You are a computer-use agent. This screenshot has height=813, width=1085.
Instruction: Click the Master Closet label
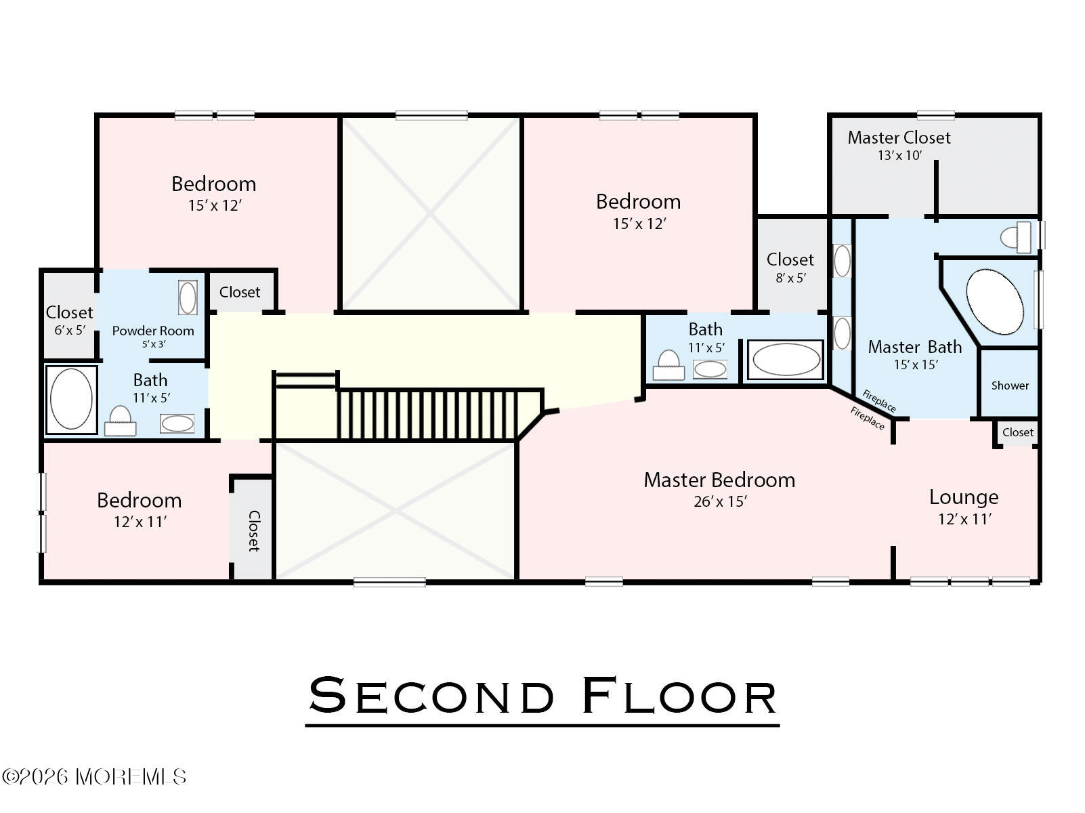click(x=899, y=138)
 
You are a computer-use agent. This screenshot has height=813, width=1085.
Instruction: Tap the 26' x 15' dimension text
click(x=720, y=501)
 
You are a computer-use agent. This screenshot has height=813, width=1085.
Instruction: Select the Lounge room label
click(x=963, y=497)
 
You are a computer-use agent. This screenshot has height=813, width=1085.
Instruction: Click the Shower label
click(x=1010, y=385)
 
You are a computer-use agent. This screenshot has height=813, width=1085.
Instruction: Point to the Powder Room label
click(x=153, y=331)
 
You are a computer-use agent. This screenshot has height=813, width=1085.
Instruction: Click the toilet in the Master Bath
click(x=1017, y=237)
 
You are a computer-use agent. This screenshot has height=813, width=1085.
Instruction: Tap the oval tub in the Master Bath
click(x=994, y=301)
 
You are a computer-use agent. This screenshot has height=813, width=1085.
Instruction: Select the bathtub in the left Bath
click(x=71, y=399)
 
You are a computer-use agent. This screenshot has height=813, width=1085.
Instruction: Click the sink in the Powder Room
click(x=188, y=297)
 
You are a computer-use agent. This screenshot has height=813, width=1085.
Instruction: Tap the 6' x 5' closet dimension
click(x=70, y=330)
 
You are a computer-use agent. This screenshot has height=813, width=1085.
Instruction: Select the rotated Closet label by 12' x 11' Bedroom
click(x=253, y=530)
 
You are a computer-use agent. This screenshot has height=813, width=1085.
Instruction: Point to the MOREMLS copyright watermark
click(x=93, y=776)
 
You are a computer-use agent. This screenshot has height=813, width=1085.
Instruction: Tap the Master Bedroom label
click(x=719, y=480)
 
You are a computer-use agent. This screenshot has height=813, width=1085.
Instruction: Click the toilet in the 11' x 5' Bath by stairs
click(x=668, y=365)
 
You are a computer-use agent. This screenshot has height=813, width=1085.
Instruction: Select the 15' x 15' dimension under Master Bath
click(x=916, y=364)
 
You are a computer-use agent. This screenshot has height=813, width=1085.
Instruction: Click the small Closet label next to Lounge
click(x=1018, y=432)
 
